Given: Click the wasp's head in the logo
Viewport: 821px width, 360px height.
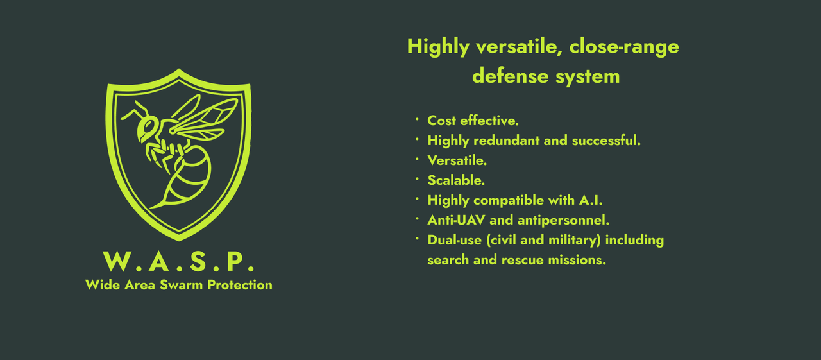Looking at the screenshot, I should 148,128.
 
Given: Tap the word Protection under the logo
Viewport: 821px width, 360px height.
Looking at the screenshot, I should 239,285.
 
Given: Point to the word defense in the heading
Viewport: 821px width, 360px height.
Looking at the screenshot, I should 507,76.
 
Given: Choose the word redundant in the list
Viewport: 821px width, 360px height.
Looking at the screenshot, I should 507,141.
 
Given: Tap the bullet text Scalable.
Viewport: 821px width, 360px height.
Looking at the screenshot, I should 456,180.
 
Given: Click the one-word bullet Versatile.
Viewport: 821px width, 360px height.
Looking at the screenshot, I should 457,160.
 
